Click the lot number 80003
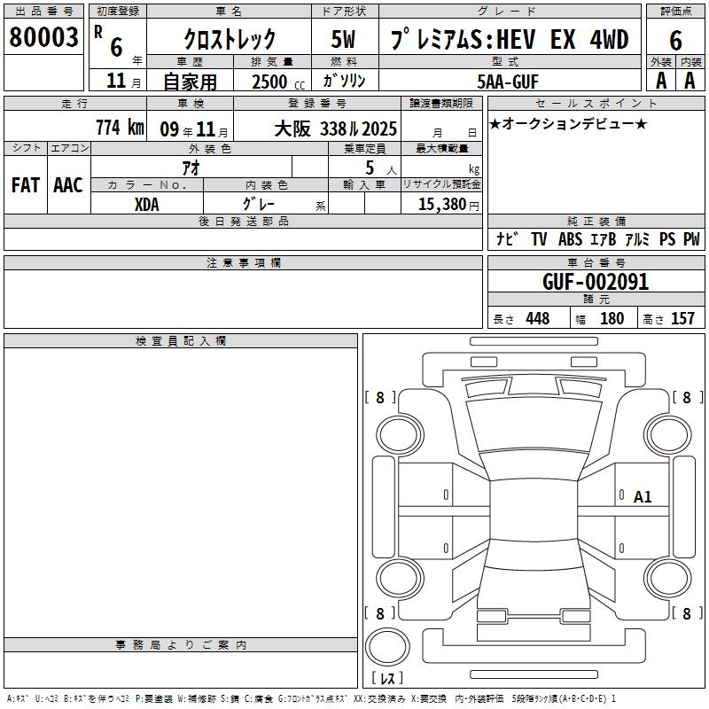click(x=43, y=37)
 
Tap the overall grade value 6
click(x=675, y=40)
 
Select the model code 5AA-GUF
click(x=508, y=82)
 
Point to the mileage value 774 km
click(x=120, y=128)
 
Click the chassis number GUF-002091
click(x=596, y=282)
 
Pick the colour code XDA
click(x=146, y=205)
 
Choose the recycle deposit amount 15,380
click(x=441, y=205)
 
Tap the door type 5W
click(x=343, y=39)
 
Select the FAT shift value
click(x=26, y=185)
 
